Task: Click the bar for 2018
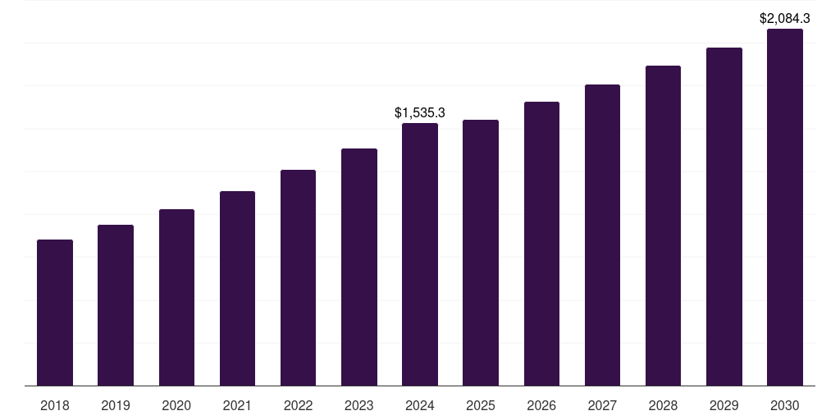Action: (x=55, y=313)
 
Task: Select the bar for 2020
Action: (x=176, y=297)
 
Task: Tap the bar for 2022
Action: (x=298, y=277)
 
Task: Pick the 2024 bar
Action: (x=420, y=254)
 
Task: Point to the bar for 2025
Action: (x=481, y=253)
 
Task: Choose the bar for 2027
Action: (x=602, y=235)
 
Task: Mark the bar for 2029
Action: (x=724, y=217)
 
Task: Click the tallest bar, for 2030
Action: (x=785, y=207)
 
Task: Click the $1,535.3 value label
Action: (x=420, y=112)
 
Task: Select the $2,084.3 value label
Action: (x=785, y=17)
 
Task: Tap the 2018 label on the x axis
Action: (x=55, y=405)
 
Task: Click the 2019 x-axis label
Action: (x=116, y=405)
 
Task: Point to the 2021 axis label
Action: (x=237, y=405)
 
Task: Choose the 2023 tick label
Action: (x=359, y=405)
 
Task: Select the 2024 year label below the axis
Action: (x=420, y=405)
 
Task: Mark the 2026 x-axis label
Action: (x=541, y=405)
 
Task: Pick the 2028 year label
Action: (x=663, y=405)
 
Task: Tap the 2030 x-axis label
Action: (x=785, y=405)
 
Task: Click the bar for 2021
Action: (x=237, y=288)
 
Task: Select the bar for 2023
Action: (x=359, y=267)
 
